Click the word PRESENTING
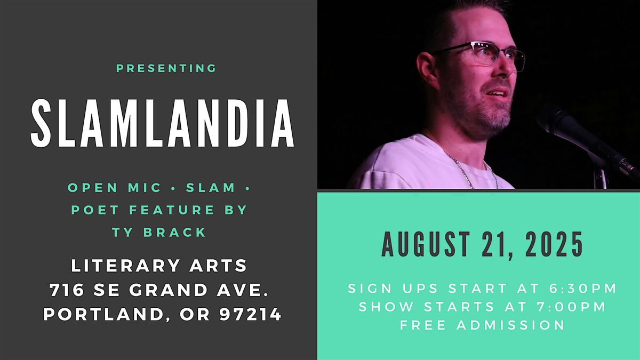(166, 68)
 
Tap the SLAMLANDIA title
(163, 124)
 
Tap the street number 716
(66, 290)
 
